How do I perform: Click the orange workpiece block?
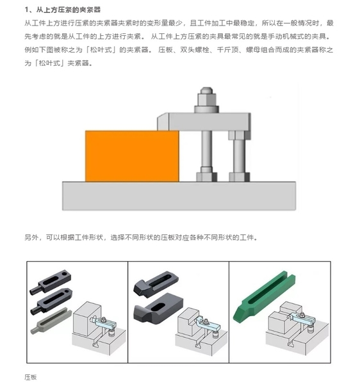132,156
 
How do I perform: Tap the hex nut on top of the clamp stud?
207,97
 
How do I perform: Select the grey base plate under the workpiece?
179,196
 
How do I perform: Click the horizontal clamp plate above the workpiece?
204,122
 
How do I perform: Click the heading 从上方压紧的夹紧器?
69,10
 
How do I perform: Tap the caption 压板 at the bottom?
31,377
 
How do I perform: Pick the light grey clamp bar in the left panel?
51,321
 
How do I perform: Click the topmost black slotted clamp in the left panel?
51,281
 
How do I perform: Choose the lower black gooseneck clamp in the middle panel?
158,308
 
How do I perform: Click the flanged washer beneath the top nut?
207,109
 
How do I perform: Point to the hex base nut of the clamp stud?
207,177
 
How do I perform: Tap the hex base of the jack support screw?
239,177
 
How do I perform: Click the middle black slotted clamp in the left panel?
51,301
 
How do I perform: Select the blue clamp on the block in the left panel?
104,323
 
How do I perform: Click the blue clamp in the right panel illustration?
302,319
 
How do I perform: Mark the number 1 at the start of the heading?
26,10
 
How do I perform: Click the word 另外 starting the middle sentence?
31,237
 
